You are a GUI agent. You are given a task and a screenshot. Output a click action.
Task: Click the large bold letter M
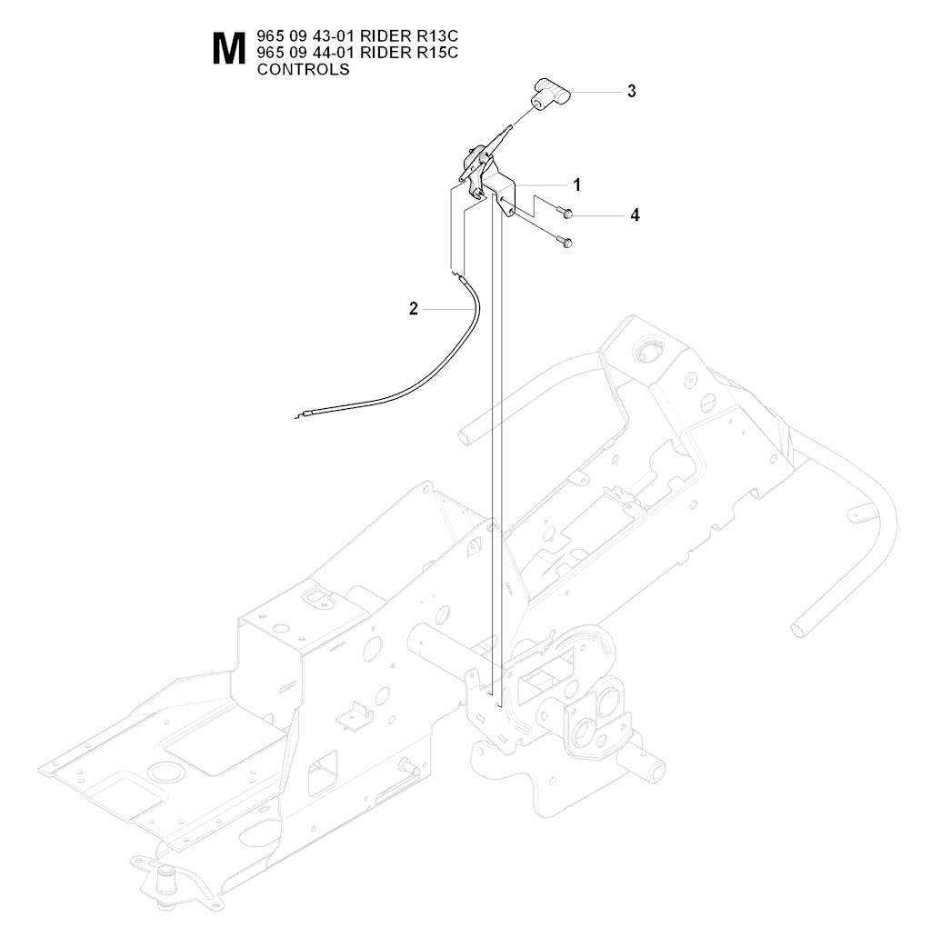point(230,49)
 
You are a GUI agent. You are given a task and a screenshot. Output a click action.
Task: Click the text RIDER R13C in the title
point(409,36)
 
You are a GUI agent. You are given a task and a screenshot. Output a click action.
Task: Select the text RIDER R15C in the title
point(409,53)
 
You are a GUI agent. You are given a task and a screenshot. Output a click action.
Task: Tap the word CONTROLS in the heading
point(304,69)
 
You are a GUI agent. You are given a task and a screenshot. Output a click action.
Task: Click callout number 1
point(577,184)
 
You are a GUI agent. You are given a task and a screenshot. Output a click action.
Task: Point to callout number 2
point(414,309)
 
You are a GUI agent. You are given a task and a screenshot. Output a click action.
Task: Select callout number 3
point(631,91)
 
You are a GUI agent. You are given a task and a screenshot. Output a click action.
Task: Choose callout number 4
point(635,215)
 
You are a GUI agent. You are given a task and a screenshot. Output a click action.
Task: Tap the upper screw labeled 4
point(564,213)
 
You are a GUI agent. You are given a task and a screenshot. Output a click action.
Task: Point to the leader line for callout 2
point(447,309)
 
